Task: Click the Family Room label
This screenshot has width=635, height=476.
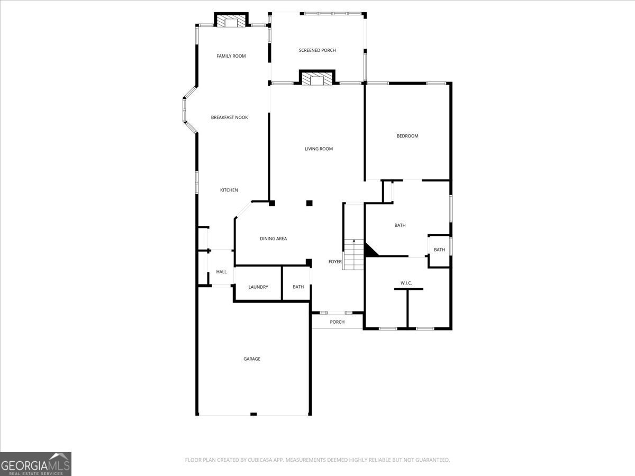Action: [231, 56]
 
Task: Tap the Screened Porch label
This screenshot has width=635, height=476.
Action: [317, 50]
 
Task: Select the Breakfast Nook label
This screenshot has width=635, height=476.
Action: [229, 117]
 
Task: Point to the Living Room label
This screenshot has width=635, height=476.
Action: [319, 149]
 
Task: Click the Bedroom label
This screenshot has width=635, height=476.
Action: [407, 136]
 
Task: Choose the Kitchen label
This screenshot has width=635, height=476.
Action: [229, 190]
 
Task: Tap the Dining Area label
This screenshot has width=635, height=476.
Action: [273, 239]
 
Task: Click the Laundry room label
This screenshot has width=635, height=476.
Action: [258, 287]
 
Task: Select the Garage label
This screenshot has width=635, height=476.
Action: [252, 359]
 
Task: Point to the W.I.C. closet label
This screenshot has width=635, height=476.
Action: [406, 283]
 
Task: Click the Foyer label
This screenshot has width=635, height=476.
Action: [335, 262]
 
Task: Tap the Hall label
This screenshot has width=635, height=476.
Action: [221, 272]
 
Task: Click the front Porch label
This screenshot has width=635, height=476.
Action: [337, 322]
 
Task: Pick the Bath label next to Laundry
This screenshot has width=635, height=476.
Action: [298, 287]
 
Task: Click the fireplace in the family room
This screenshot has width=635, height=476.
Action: [231, 22]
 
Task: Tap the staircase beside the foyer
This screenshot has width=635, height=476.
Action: [353, 254]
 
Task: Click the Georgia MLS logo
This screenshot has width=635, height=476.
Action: [35, 464]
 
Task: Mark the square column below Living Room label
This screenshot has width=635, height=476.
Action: [310, 203]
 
